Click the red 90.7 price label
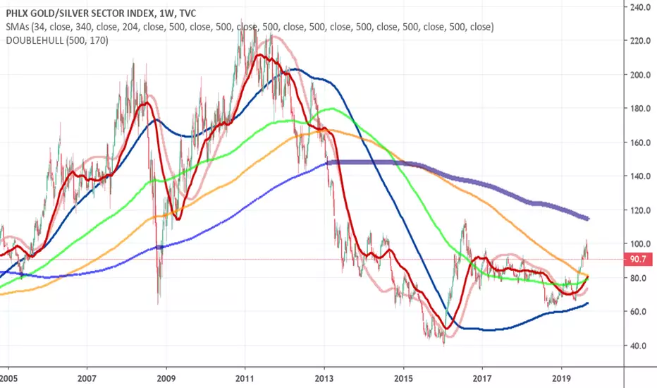[638, 259]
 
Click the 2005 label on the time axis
[8, 379]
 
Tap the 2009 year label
[166, 379]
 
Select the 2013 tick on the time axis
[324, 379]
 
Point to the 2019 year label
[561, 379]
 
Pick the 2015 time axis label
[403, 379]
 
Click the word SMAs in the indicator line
[17, 28]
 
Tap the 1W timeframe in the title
[166, 13]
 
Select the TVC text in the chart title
[187, 13]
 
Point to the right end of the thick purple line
[589, 219]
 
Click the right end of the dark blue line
[588, 303]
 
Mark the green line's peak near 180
[332, 109]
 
